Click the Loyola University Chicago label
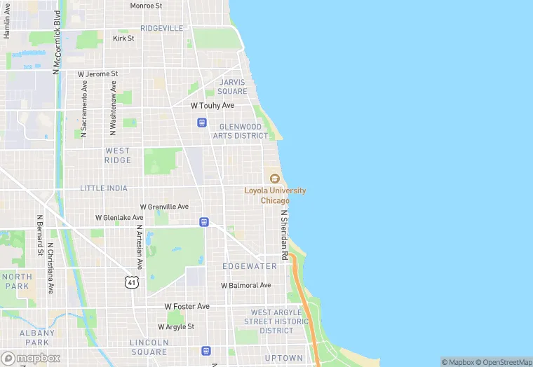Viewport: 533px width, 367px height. (274, 195)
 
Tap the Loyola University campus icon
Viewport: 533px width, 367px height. (274, 178)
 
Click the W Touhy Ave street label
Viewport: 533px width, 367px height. (212, 105)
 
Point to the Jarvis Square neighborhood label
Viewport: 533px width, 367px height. (232, 87)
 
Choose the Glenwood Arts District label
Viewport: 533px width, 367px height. (241, 131)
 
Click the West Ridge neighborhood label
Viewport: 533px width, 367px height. (118, 155)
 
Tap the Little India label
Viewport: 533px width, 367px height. (104, 188)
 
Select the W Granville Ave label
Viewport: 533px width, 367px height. (164, 207)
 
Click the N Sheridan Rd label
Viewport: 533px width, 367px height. (285, 235)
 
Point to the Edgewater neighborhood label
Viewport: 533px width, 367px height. (250, 266)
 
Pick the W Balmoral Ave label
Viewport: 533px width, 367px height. (245, 285)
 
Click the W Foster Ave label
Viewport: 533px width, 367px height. (187, 306)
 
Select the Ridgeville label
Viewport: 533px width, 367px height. (161, 28)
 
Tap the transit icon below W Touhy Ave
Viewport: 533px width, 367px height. (202, 122)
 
